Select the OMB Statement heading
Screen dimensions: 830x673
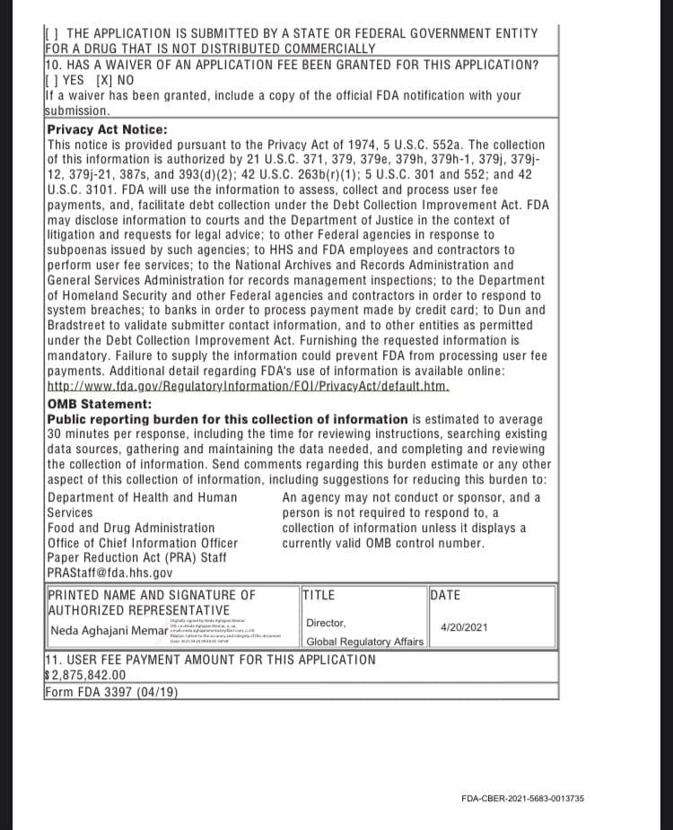tap(99, 404)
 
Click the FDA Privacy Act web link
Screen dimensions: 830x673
tap(248, 387)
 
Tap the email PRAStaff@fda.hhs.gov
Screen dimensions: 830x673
tap(109, 573)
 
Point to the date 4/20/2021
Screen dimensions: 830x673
tap(464, 627)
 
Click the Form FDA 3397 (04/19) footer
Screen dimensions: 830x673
tap(111, 692)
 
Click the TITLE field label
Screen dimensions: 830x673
tap(319, 594)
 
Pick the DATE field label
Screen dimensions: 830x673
tap(446, 594)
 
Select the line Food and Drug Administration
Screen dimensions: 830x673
tap(131, 528)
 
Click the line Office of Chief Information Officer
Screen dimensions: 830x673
tap(143, 543)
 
